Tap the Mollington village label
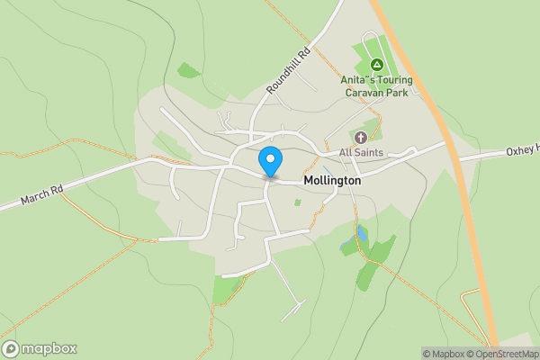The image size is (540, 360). pyautogui.click(x=332, y=180)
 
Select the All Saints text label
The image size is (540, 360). pyautogui.click(x=361, y=153)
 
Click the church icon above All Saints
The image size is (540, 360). pyautogui.click(x=361, y=138)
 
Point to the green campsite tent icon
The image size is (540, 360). pyautogui.click(x=377, y=65)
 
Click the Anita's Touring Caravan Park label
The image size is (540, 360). pyautogui.click(x=376, y=86)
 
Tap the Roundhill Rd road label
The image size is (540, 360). pyautogui.click(x=288, y=71)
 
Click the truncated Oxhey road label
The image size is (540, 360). pyautogui.click(x=521, y=149)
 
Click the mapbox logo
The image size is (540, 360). pyautogui.click(x=40, y=348)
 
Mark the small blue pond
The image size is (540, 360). pyautogui.click(x=362, y=235)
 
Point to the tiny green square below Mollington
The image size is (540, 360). pyautogui.click(x=297, y=202)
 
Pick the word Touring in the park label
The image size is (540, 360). pyautogui.click(x=394, y=80)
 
